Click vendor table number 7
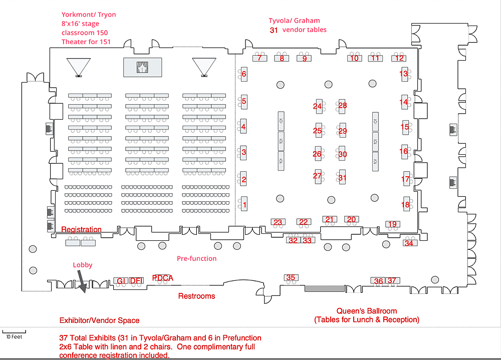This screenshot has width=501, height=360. (259, 58)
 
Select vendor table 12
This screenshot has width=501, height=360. (399, 58)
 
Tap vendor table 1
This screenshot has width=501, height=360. (244, 204)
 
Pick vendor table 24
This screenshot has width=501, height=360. (318, 106)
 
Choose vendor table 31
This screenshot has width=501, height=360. (342, 177)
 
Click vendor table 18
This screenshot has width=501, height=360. (405, 204)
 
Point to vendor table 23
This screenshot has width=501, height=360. (278, 222)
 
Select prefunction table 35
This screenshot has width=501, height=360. (291, 277)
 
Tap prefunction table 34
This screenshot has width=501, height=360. (409, 243)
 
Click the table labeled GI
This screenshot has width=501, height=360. (120, 281)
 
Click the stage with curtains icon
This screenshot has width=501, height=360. (142, 66)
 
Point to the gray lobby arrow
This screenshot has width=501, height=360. (82, 282)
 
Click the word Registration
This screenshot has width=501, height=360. (81, 229)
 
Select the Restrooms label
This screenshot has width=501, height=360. (196, 296)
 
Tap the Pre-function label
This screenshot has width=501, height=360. (196, 258)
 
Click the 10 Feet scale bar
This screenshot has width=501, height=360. (14, 331)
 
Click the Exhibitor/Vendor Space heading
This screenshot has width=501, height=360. (99, 320)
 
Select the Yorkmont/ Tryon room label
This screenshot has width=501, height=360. (89, 15)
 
